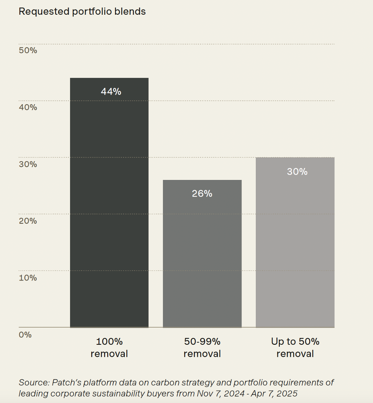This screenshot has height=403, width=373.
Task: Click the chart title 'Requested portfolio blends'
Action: (x=82, y=12)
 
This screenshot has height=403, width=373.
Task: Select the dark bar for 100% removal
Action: (x=109, y=207)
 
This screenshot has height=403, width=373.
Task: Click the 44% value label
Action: (x=111, y=91)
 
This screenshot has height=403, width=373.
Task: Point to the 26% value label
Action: (x=202, y=194)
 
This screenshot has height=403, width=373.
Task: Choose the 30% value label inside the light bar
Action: (x=297, y=172)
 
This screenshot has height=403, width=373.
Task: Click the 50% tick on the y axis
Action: (x=28, y=51)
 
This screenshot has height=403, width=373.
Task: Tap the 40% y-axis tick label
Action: (x=28, y=107)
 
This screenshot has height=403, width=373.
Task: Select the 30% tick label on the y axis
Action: (x=28, y=164)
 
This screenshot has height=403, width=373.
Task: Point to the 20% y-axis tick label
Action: (x=28, y=221)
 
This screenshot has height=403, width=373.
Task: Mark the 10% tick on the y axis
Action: (x=28, y=277)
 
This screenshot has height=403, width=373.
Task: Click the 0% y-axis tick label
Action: (x=25, y=334)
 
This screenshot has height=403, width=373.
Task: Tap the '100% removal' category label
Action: (x=109, y=348)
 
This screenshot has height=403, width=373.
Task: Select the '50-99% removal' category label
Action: (x=202, y=348)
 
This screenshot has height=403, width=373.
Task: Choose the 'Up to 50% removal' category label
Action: (x=295, y=348)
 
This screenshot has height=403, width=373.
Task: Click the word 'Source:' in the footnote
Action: (x=33, y=382)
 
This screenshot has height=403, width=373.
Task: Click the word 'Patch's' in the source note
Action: (x=65, y=382)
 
